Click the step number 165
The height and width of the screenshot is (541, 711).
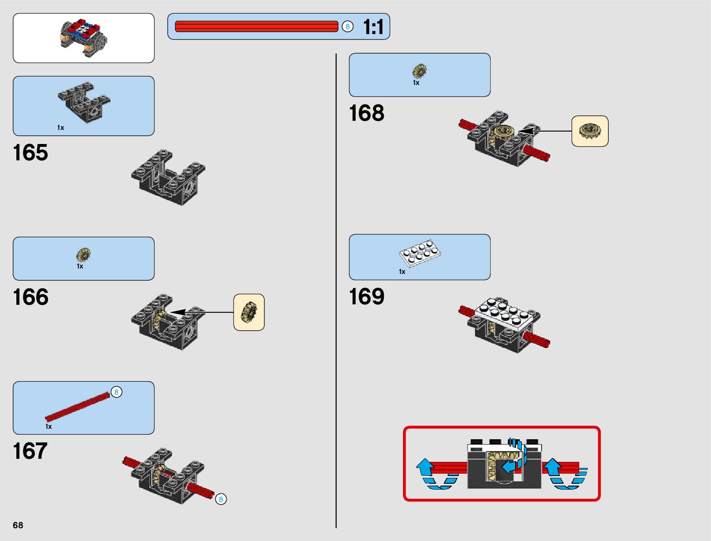pyautogui.click(x=30, y=153)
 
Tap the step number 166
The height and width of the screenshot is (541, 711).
pyautogui.click(x=30, y=297)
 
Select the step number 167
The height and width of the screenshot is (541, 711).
pyautogui.click(x=30, y=451)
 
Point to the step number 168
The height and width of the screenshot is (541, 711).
pyautogui.click(x=366, y=113)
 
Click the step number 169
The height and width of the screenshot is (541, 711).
pyautogui.click(x=366, y=297)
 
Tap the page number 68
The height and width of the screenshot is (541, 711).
pyautogui.click(x=18, y=525)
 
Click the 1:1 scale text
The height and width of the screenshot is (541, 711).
pyautogui.click(x=373, y=27)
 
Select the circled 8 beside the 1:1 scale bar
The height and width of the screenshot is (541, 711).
pyautogui.click(x=348, y=26)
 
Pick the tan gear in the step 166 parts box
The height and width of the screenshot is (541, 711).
pyautogui.click(x=83, y=255)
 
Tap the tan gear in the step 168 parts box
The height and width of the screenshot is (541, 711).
pyautogui.click(x=419, y=71)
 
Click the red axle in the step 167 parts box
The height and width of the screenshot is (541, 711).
pyautogui.click(x=77, y=406)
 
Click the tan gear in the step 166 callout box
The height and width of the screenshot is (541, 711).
pyautogui.click(x=249, y=312)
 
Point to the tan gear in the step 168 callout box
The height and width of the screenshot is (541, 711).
pyautogui.click(x=590, y=131)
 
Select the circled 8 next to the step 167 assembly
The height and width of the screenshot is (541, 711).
pyautogui.click(x=221, y=499)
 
